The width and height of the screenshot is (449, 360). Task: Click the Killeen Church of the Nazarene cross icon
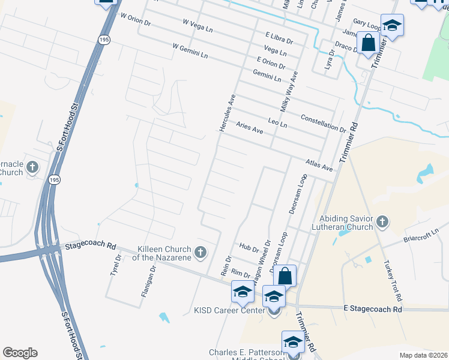(201, 252)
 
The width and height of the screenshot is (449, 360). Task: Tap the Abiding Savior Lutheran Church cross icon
(382, 223)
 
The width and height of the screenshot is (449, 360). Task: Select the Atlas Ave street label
(318, 165)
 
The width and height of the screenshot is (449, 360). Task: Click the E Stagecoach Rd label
(372, 309)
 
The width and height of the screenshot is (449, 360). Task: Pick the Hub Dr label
(248, 247)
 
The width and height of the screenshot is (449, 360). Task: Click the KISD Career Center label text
(229, 311)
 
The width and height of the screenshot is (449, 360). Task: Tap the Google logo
(20, 353)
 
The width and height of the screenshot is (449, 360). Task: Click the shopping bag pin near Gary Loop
(368, 43)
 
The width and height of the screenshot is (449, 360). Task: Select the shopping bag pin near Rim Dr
(285, 276)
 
